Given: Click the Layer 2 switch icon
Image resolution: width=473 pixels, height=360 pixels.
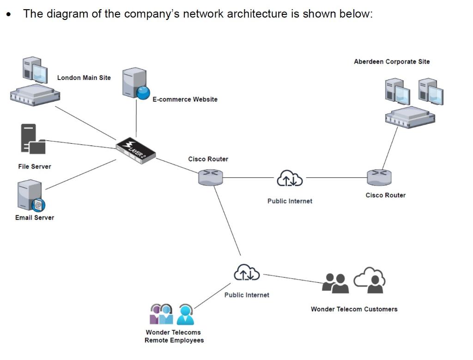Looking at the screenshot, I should [x=135, y=148].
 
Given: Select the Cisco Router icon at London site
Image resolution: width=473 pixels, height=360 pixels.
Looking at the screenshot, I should [x=211, y=177].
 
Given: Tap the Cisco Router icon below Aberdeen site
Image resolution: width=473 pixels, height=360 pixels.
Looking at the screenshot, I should [x=379, y=177].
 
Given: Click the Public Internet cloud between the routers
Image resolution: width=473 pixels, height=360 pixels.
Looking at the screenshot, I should [x=290, y=178].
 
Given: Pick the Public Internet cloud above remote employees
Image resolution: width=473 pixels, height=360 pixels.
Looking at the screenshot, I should [x=247, y=273].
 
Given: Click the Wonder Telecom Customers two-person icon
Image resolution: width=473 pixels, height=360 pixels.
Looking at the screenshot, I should [x=335, y=283].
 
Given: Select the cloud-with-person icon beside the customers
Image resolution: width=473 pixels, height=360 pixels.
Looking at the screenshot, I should [x=370, y=280].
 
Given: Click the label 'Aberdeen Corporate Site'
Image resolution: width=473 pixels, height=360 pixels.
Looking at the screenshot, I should [x=392, y=61].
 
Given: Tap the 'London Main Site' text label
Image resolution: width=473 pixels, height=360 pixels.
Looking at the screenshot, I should [x=84, y=78].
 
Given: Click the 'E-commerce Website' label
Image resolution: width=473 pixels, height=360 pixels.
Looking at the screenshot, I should [x=185, y=99].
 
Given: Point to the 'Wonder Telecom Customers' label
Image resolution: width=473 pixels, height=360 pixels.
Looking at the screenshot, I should [x=354, y=309].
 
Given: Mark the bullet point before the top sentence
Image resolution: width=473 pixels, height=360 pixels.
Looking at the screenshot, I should [x=9, y=14].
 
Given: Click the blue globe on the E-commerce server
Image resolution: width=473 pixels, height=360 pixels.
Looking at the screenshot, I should [x=143, y=92].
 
